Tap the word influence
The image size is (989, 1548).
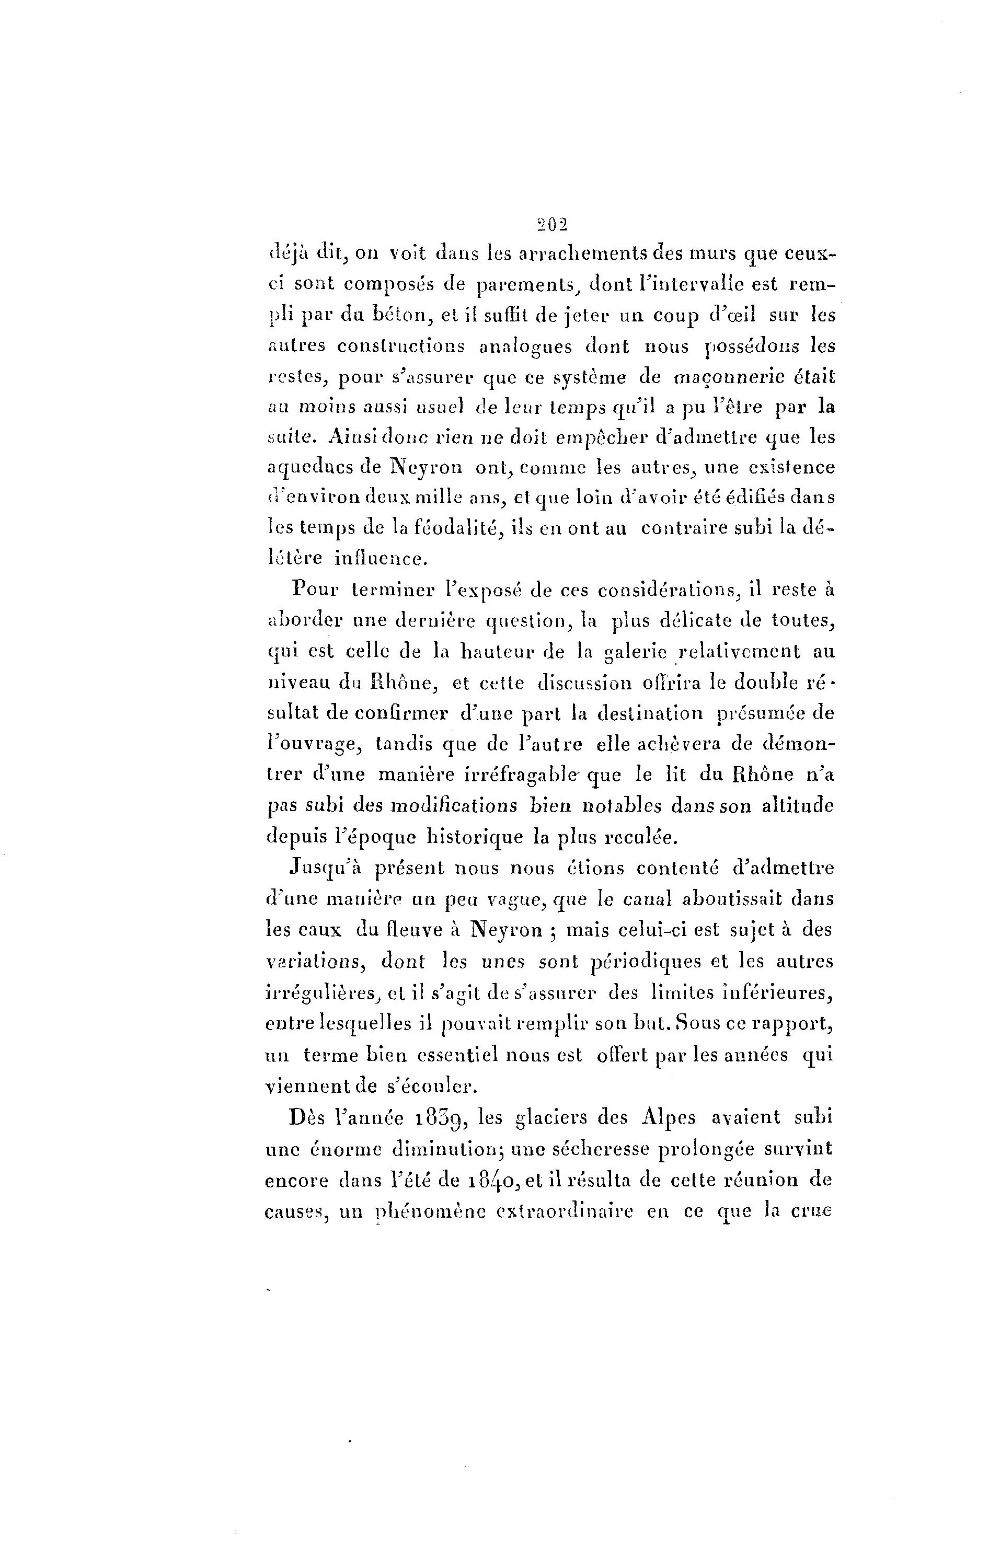[381, 559]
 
